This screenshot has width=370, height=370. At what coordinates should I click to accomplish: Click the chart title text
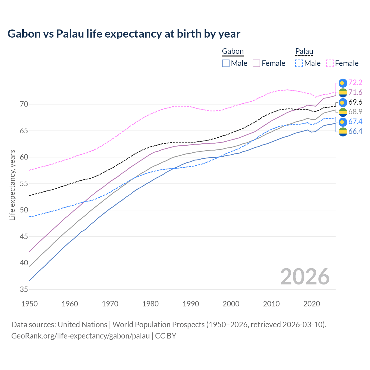pos(124,34)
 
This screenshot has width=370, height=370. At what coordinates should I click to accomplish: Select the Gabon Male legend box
pos(226,63)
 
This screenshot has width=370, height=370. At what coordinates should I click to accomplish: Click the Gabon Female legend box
pos(256,63)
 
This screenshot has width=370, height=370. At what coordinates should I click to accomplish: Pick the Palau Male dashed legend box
pos(299,63)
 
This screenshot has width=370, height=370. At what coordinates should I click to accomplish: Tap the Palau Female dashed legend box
pos(330,63)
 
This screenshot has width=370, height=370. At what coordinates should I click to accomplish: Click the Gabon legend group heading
pos(233,51)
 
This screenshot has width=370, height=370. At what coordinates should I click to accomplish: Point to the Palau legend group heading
pos(304,51)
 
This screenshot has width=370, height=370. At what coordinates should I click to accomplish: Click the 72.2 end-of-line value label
pos(355,83)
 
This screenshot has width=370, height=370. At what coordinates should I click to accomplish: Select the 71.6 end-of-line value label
pos(355,92)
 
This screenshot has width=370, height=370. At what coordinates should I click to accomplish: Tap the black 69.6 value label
pos(355,102)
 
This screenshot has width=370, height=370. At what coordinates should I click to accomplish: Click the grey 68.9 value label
pos(355,112)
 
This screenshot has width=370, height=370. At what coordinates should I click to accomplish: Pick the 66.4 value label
pos(355,132)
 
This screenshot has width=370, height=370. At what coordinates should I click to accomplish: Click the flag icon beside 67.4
pos(343,122)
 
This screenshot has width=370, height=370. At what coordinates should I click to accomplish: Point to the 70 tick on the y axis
pos(24,104)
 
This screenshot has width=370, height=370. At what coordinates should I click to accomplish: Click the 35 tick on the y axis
pos(24,289)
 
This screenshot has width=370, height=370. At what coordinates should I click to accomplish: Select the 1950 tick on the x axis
pos(29,304)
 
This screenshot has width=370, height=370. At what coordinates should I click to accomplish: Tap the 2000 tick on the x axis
pos(231,304)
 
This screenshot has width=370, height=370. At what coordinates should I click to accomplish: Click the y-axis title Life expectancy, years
pos(12,185)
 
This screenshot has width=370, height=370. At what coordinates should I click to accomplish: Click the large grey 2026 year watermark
pos(305,277)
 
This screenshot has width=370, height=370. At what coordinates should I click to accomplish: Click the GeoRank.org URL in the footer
pos(80,336)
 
